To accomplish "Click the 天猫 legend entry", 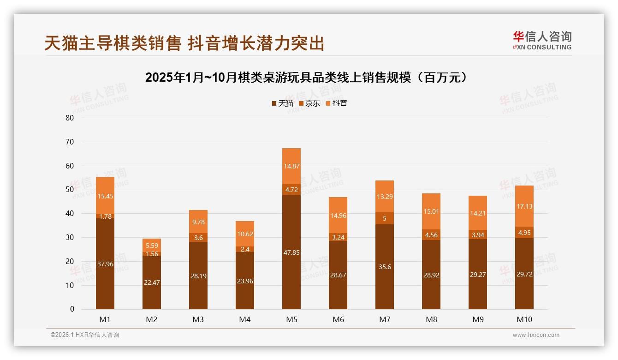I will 282,103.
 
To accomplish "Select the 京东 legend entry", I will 309,103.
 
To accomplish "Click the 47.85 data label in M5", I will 291,252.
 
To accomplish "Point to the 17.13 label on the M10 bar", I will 524,206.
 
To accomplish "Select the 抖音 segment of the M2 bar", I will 152,246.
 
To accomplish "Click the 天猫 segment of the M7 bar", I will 385,267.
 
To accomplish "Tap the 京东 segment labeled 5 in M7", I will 385,218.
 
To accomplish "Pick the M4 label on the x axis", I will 245,319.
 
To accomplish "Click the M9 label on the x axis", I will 478,319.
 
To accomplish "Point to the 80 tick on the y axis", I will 70,118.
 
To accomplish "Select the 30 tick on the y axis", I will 70,237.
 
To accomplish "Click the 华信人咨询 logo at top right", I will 542,40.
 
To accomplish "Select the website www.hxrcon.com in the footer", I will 536,335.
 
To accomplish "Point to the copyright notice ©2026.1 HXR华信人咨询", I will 85,335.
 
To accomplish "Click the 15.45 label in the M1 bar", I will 105,196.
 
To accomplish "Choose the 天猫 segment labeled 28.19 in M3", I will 198,276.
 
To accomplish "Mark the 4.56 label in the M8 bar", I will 431,234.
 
